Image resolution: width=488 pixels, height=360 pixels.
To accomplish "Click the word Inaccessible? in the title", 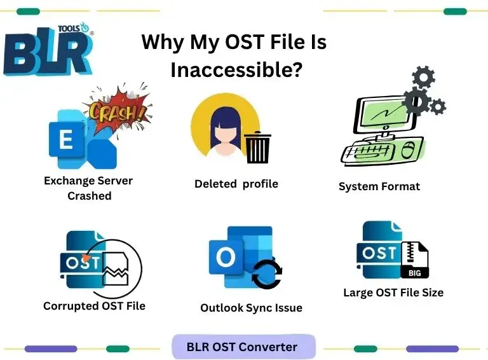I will tap(236, 69).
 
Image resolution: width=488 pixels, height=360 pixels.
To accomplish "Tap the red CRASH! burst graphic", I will tap(117, 111).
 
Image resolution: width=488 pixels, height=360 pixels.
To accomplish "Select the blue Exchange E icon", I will tap(67, 141).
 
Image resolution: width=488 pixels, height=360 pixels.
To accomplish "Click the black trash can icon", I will tap(257, 148).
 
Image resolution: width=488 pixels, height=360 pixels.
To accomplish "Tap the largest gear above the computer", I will tap(417, 101).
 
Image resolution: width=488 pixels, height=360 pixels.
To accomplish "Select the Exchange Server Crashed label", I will tap(88, 188).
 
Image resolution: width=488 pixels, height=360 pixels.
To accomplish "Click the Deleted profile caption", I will tap(236, 184).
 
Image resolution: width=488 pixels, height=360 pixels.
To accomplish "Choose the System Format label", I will tap(379, 187).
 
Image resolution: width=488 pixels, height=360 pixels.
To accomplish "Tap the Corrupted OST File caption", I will tap(94, 306).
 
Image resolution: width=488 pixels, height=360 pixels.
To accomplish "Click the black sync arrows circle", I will tap(267, 275).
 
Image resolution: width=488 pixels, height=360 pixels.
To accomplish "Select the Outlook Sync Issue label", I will tap(251, 308).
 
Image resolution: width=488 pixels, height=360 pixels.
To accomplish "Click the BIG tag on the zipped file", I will tap(414, 272).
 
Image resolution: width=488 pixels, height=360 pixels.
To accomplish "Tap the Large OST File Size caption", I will tap(393, 293).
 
